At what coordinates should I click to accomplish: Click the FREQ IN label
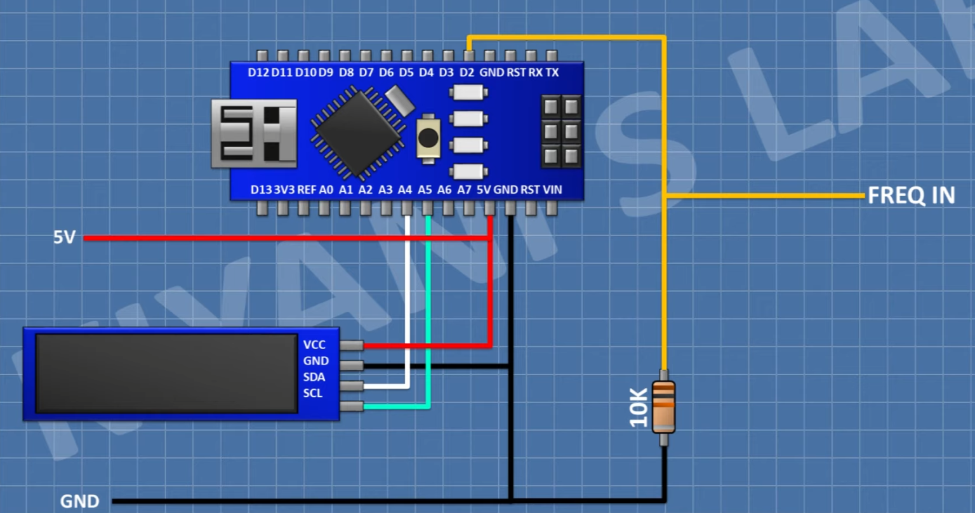911,196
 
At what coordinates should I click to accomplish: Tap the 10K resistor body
663,406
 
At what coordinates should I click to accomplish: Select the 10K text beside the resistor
639,408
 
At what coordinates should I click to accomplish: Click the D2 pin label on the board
467,73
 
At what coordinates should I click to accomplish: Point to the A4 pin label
405,189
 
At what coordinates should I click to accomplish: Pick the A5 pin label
425,189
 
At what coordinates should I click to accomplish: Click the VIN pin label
552,189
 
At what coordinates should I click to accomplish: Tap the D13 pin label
261,189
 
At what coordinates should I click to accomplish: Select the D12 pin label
258,73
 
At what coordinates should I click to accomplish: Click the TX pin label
552,73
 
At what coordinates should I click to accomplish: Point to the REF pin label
307,189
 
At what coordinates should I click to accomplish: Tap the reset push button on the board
428,137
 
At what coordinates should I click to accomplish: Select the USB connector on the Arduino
254,133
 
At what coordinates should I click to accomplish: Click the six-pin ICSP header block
561,131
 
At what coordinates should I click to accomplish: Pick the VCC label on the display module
314,345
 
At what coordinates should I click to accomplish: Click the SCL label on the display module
313,393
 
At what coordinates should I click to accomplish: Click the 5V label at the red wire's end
64,237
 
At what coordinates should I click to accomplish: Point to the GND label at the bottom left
79,501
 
